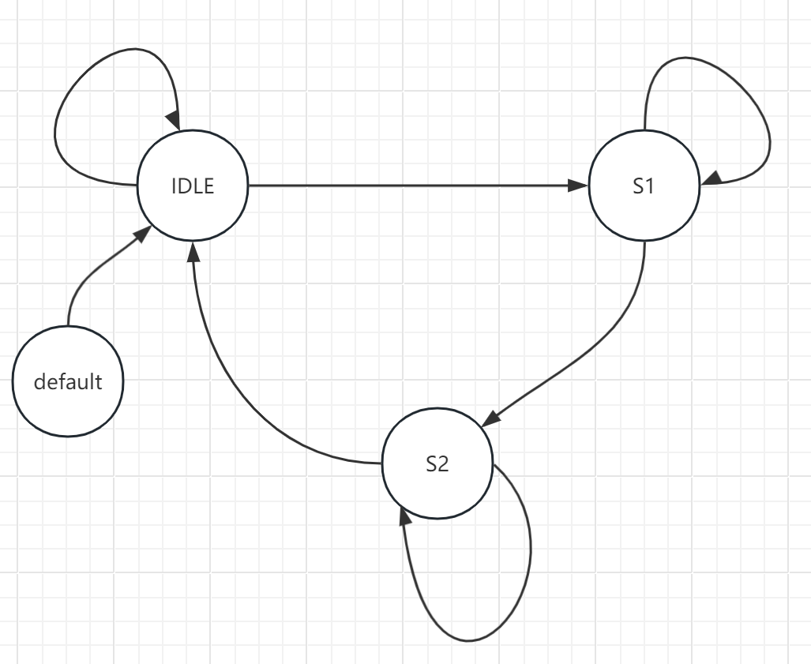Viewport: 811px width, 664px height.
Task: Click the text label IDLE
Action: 193,187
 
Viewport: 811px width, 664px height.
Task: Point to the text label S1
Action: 644,187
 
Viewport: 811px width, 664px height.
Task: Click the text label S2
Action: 437,464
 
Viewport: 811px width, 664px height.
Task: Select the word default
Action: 68,382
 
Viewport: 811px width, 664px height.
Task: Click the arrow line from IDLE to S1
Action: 411,186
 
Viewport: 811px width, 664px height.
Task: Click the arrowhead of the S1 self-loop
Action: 710,180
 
